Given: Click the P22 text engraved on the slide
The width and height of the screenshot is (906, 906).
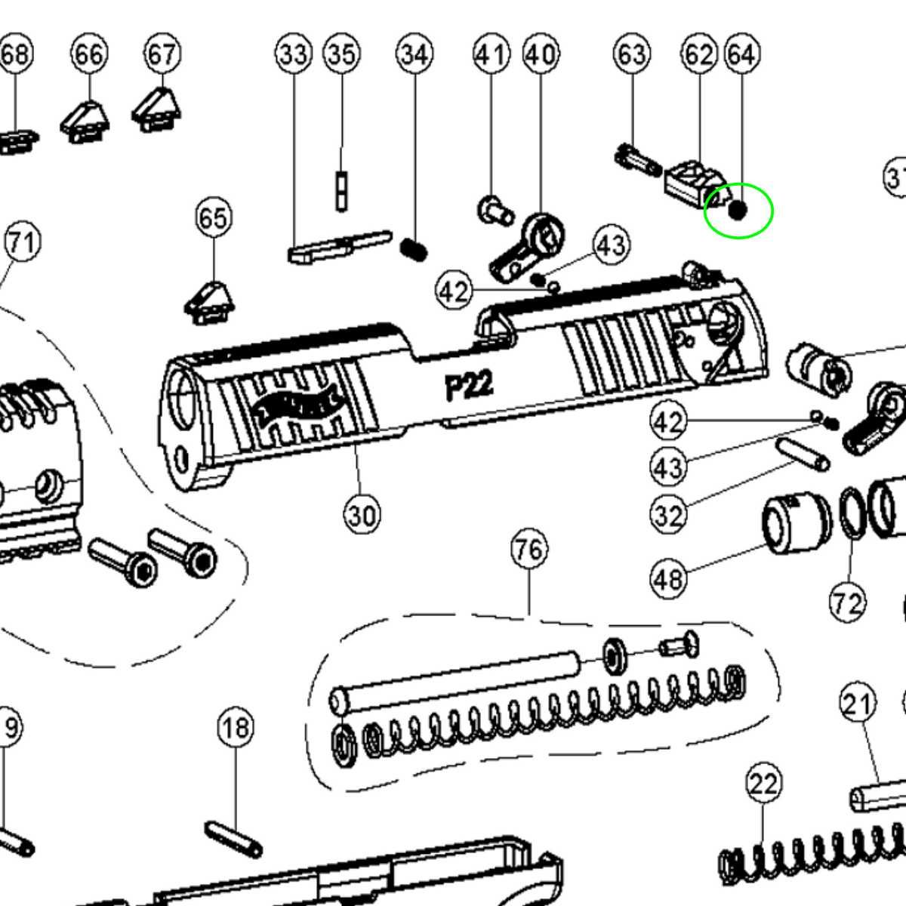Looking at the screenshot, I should (x=469, y=386).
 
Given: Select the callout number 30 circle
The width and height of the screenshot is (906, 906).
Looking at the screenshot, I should (x=362, y=515).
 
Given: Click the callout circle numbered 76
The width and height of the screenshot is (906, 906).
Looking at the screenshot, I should (x=528, y=549).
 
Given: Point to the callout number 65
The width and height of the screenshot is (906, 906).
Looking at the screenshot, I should (x=213, y=218).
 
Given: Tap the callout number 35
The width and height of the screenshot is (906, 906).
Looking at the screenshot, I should (x=342, y=54).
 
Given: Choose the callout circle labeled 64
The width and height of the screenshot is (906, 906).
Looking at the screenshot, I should (x=741, y=54).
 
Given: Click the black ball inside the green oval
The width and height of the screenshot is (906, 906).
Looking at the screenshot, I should (x=738, y=211).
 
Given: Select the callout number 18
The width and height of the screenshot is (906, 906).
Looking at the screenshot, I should (x=236, y=728).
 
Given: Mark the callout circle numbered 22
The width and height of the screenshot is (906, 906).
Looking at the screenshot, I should (x=763, y=784).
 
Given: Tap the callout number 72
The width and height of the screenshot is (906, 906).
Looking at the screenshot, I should (x=846, y=603).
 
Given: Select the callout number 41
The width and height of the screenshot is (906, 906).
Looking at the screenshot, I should (x=492, y=54).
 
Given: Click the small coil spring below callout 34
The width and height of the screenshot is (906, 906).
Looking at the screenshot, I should (x=414, y=249).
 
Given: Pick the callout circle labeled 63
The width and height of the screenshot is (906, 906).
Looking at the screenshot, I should (x=631, y=54).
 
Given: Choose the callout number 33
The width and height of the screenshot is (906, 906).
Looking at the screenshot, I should (x=294, y=54).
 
